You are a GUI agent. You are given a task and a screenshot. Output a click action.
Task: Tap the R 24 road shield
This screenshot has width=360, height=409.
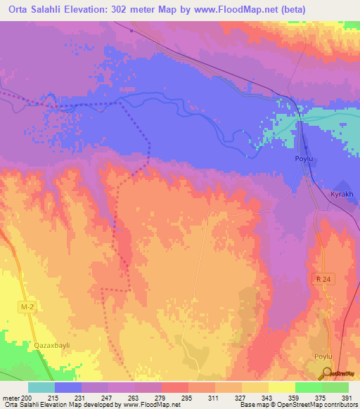321,280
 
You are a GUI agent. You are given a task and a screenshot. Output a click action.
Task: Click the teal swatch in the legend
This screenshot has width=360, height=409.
41,387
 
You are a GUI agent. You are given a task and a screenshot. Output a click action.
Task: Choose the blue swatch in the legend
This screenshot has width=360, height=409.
68,387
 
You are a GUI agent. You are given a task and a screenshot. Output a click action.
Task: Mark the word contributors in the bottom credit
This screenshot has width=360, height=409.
339,405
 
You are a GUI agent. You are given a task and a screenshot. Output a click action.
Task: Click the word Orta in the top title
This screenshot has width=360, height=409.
15,8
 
